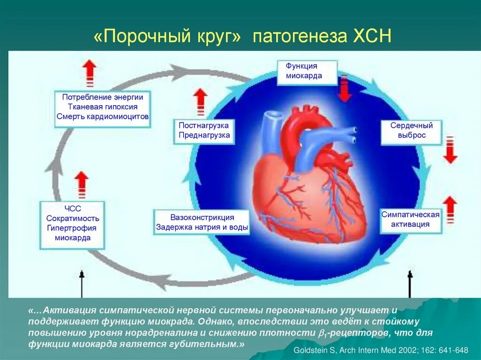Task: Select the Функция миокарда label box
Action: (306, 71)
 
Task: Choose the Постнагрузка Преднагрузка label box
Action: (204, 130)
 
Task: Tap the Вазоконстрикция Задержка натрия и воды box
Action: (202, 222)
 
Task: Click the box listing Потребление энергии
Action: (102, 107)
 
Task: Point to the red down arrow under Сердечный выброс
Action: (450, 150)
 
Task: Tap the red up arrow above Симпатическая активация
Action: (450, 209)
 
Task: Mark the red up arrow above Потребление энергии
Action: (89, 73)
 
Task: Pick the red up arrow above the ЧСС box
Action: (82, 184)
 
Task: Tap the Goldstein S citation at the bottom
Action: (381, 350)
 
